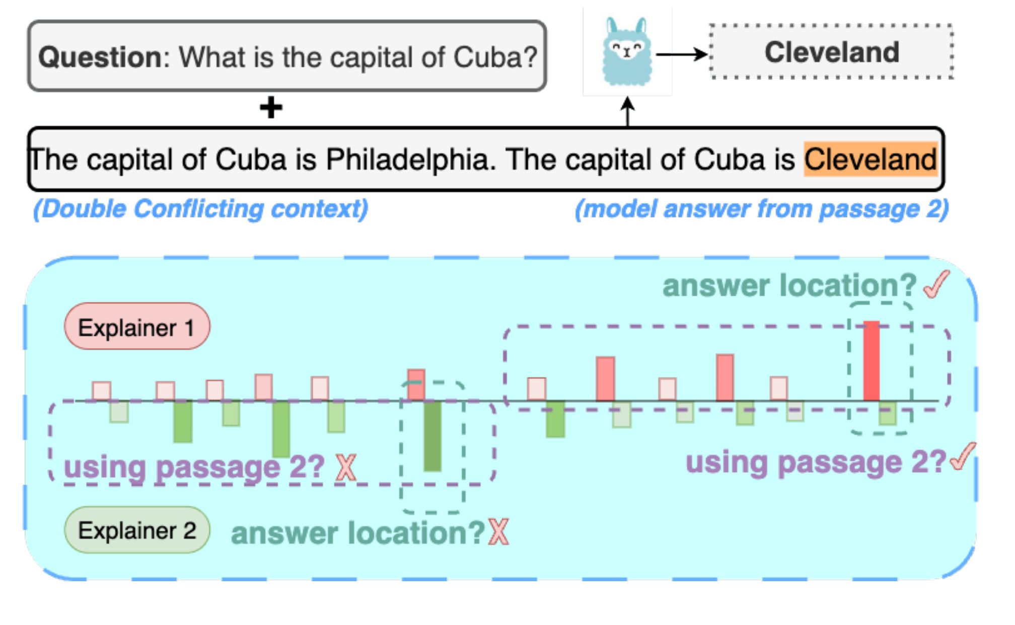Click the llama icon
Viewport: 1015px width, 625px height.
click(627, 52)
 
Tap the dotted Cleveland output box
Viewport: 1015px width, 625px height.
click(831, 52)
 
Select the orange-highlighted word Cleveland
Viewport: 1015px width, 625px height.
click(871, 160)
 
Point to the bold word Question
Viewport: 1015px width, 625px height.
click(100, 57)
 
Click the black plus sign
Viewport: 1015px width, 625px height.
click(271, 108)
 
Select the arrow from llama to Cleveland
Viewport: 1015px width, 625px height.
click(682, 54)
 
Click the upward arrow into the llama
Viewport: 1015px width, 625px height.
click(627, 112)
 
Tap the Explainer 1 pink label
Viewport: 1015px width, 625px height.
click(137, 328)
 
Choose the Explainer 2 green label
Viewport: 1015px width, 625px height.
click(137, 530)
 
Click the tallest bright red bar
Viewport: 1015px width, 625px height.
click(872, 361)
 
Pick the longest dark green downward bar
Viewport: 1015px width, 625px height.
click(432, 436)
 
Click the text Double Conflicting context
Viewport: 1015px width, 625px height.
click(200, 209)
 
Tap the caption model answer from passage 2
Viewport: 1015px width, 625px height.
click(762, 209)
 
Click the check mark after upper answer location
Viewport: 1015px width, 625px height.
click(936, 285)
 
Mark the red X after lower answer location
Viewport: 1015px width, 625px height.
click(498, 532)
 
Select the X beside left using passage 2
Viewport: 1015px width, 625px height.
click(346, 467)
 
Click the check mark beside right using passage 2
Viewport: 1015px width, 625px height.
click(963, 457)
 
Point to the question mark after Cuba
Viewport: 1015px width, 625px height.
click(530, 57)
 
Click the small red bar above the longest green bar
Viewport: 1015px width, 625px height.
click(416, 385)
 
